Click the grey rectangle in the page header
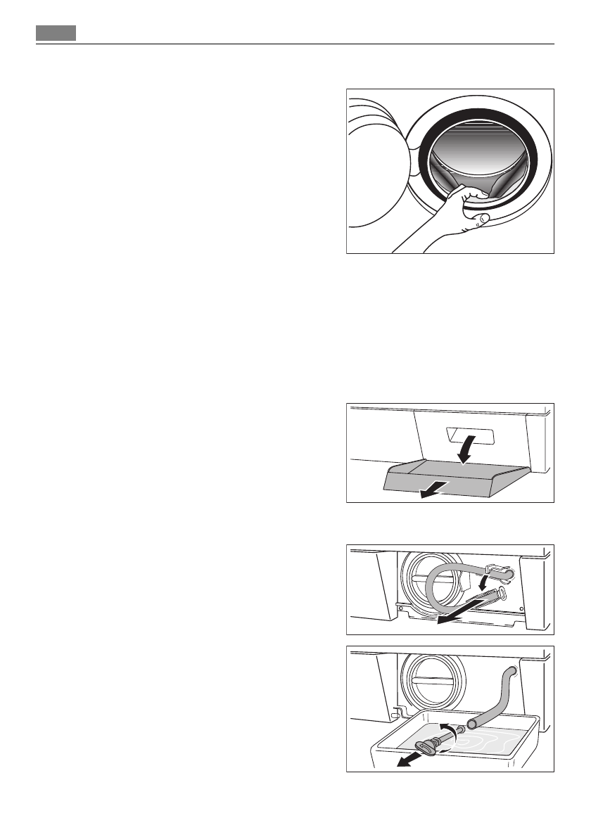pos(56,33)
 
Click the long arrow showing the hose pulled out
pos(457,613)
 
